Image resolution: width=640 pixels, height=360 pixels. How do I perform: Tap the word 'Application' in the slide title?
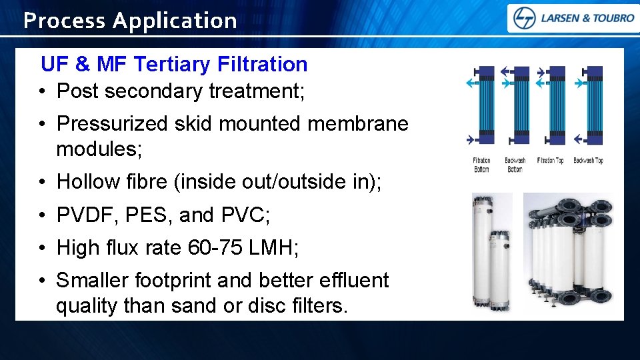(175, 21)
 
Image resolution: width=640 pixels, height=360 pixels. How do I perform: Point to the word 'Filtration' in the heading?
(262, 64)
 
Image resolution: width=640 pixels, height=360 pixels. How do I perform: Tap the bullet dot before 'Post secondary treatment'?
(42, 91)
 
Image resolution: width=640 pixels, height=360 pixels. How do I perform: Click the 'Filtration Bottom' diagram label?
(481, 165)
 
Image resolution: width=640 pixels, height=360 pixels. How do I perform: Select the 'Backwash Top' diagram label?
(588, 161)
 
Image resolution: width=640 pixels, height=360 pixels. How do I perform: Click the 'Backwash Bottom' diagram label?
(515, 165)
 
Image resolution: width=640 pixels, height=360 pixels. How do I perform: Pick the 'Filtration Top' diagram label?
(551, 161)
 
